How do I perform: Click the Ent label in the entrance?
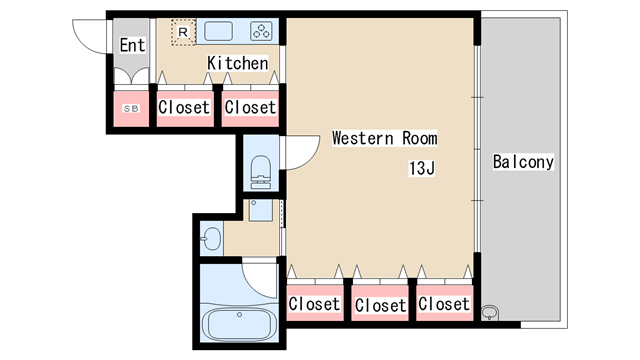click(x=132, y=45)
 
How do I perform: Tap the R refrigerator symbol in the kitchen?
click(x=183, y=32)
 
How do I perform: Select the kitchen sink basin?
click(x=219, y=31)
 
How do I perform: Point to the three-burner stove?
click(x=261, y=31)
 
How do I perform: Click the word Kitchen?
click(x=238, y=63)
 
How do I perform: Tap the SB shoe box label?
click(x=131, y=109)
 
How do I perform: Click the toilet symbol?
click(x=261, y=172)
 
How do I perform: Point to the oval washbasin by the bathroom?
click(x=212, y=238)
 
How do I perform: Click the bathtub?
click(x=240, y=325)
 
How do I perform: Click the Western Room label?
click(x=384, y=138)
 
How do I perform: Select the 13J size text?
click(x=422, y=168)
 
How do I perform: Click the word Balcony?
click(x=523, y=162)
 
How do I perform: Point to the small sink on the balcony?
click(x=490, y=313)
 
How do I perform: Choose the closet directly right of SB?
click(x=185, y=108)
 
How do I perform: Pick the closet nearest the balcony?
click(x=444, y=303)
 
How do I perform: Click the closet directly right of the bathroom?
click(x=315, y=303)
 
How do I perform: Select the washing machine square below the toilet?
click(x=261, y=210)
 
